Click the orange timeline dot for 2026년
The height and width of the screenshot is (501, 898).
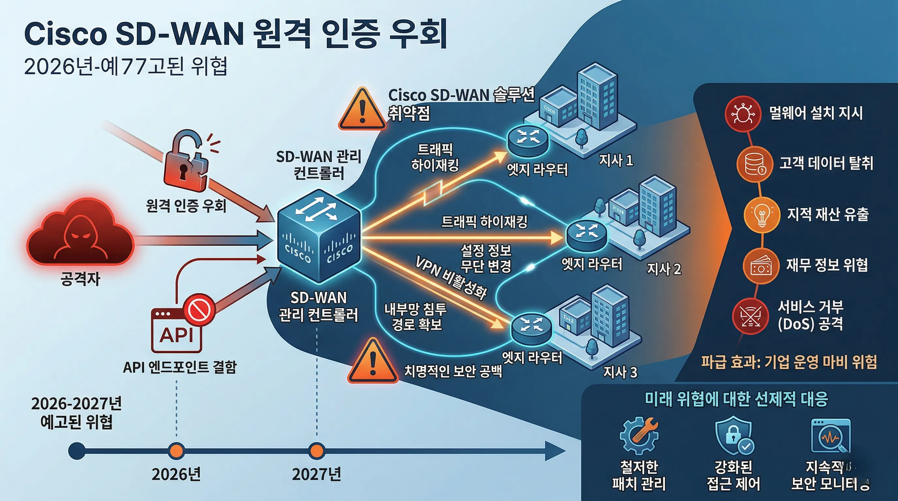177,450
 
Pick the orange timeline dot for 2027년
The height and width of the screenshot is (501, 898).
317,450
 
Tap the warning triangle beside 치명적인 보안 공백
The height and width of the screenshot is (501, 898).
372,361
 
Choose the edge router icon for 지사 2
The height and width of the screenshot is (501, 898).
587,235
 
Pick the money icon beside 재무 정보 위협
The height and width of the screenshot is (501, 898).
761,266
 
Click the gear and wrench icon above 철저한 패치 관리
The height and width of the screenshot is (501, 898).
639,435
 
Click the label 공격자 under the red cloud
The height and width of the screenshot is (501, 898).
81,279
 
